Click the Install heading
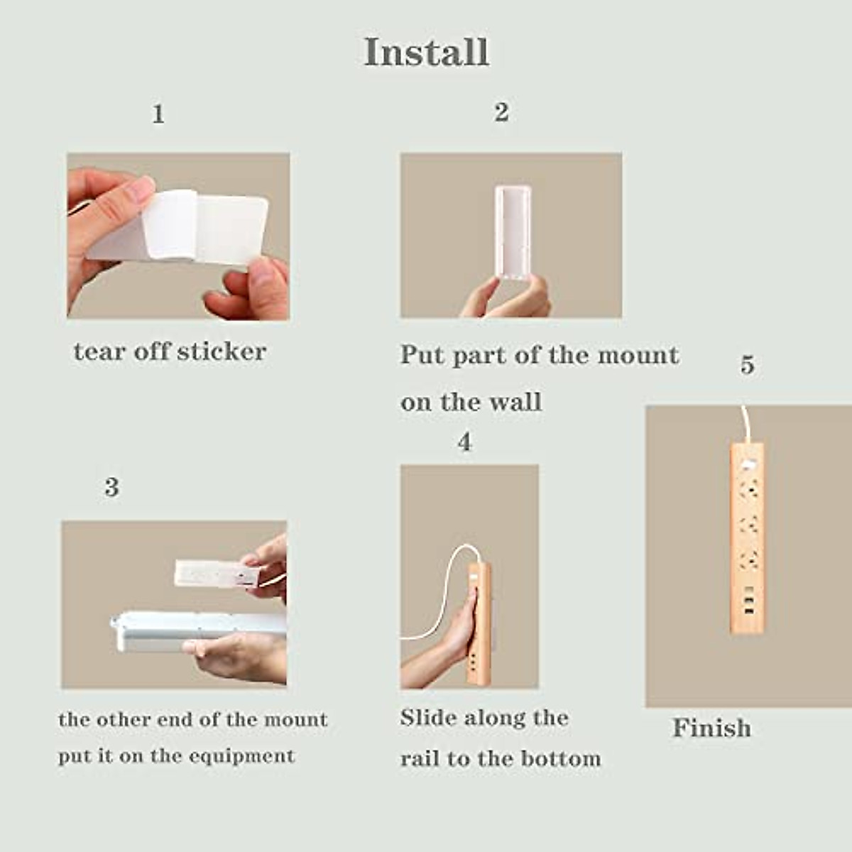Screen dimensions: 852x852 (426, 52)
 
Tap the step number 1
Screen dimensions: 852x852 (158, 114)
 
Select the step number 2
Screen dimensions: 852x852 (501, 112)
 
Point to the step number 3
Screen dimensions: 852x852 (112, 487)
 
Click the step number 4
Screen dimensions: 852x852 (464, 442)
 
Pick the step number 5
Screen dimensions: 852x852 (748, 365)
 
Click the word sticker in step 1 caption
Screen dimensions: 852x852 (222, 352)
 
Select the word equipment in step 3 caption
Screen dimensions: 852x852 (241, 755)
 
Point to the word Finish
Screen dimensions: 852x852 (711, 727)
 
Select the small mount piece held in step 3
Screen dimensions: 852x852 (217, 573)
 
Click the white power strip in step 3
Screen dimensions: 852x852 (198, 631)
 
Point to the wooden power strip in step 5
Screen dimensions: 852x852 (747, 537)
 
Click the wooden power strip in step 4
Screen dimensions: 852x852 (479, 623)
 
